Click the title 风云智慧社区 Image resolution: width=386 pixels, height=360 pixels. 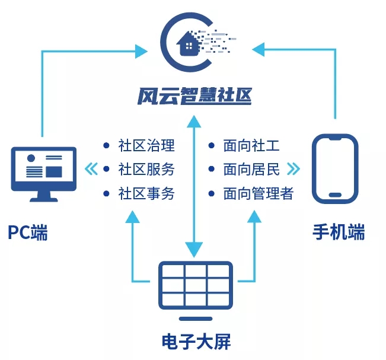(x=193, y=95)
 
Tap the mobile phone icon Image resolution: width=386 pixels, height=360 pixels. (x=336, y=168)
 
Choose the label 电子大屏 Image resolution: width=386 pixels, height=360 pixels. (x=195, y=342)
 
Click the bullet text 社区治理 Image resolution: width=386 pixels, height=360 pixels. (x=146, y=145)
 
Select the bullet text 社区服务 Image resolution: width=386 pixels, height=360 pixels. (x=146, y=169)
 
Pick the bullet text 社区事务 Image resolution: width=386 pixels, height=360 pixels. (x=146, y=193)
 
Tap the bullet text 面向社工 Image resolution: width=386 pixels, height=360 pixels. (x=251, y=145)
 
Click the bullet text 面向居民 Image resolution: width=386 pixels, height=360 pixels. (x=251, y=169)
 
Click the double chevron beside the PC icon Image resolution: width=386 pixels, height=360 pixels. (x=91, y=169)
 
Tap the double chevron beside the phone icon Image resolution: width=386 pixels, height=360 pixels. (x=293, y=169)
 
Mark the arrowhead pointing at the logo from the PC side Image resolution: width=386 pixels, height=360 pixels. (x=140, y=51)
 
